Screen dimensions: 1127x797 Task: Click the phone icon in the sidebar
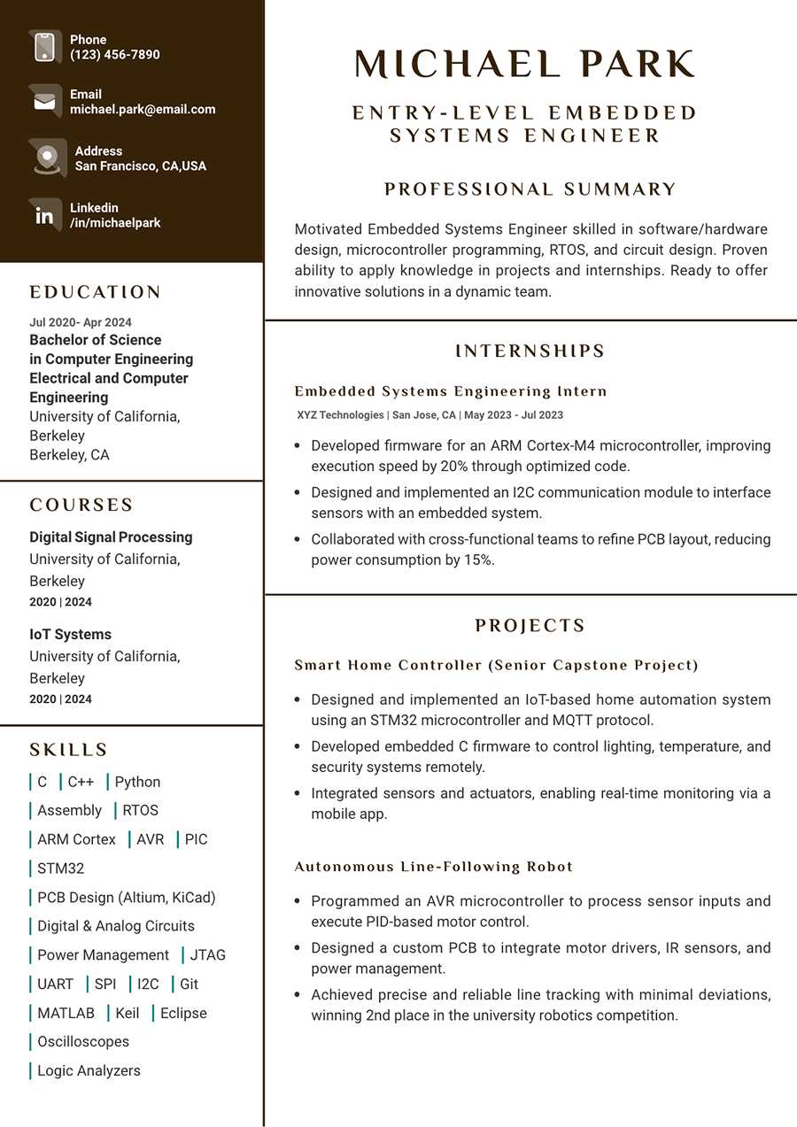[x=44, y=47]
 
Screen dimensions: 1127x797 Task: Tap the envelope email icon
[x=44, y=102]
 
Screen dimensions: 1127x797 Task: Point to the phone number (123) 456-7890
[x=115, y=55]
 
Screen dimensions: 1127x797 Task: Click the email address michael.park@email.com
[x=143, y=110]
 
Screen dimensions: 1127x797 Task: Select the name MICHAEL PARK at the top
[x=525, y=65]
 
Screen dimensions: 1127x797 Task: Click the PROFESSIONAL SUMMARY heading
[x=530, y=189]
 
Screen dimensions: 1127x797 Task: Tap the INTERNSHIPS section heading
[x=530, y=351]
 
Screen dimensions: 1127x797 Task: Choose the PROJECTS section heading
[x=530, y=626]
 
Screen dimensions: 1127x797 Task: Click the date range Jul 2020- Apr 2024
[x=81, y=322]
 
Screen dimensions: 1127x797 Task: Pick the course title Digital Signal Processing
[x=111, y=537]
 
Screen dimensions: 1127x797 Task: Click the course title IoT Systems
[x=71, y=635]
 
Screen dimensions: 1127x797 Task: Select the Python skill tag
[x=137, y=782]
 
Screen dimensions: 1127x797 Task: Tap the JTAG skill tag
[x=208, y=955]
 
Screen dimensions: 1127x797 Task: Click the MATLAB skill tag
[x=66, y=1013]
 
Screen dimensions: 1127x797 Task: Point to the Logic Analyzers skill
[x=89, y=1070]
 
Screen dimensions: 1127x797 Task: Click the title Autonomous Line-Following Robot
[x=434, y=867]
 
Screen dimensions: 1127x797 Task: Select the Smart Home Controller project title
[x=496, y=665]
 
